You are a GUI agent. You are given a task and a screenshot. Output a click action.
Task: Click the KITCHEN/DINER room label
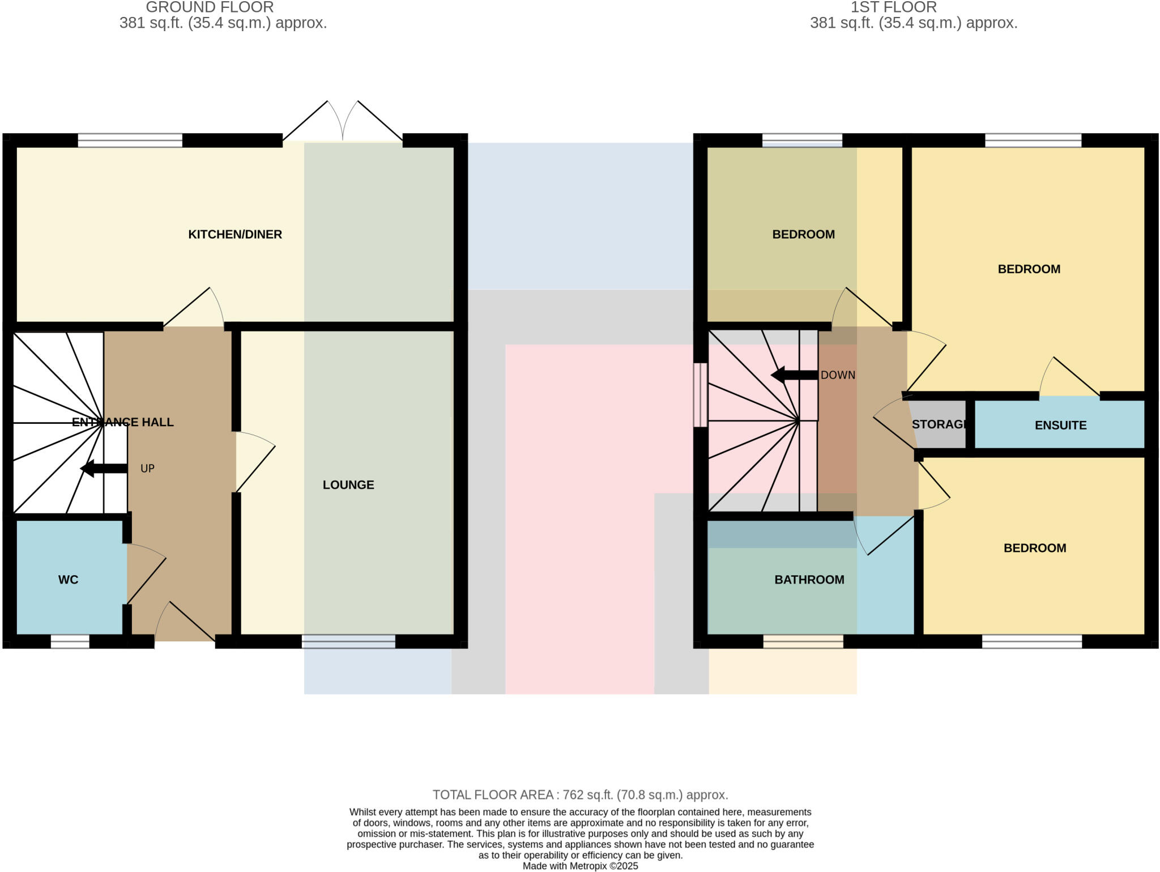click(234, 234)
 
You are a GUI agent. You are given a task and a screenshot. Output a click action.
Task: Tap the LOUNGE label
click(348, 484)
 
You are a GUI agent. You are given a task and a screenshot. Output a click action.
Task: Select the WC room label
click(68, 579)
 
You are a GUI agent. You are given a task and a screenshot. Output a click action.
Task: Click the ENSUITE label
click(1060, 425)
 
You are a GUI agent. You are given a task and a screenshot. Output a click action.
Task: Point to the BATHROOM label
click(809, 579)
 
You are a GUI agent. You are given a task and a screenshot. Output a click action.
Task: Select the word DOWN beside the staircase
click(838, 375)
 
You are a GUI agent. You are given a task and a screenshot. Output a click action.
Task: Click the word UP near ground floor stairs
click(147, 469)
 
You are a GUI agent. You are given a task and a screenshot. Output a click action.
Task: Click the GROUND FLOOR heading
click(210, 7)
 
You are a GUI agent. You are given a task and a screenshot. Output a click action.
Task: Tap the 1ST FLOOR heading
click(893, 7)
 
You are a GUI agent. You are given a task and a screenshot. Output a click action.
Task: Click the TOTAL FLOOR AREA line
click(580, 794)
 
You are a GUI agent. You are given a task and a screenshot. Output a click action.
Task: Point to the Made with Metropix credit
click(580, 866)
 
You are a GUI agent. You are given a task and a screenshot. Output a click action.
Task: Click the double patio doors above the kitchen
click(343, 122)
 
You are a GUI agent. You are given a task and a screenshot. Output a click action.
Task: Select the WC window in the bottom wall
click(70, 641)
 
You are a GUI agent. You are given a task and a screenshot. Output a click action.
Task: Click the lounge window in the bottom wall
click(348, 641)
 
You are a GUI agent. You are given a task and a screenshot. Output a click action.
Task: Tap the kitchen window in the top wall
click(130, 140)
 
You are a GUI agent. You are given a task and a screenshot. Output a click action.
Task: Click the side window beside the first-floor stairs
click(701, 394)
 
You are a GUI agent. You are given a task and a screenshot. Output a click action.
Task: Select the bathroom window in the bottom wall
click(803, 641)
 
